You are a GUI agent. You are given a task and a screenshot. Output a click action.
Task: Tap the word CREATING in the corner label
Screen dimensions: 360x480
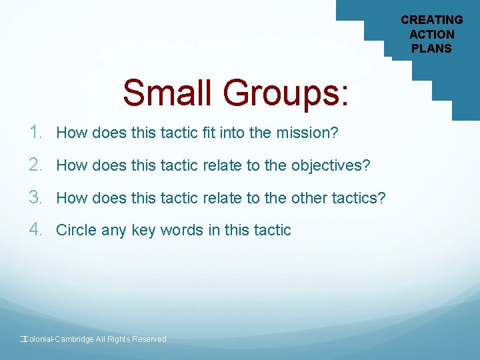tap(431, 20)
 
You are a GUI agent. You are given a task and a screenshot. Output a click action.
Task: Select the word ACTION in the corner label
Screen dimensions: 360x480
tap(431, 34)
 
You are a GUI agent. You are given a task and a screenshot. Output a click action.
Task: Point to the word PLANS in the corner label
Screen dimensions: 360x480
tap(431, 48)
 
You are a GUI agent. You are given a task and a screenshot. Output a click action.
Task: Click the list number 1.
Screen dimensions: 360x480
tap(37, 133)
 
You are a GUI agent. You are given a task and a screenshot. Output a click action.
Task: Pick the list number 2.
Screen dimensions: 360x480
tap(37, 165)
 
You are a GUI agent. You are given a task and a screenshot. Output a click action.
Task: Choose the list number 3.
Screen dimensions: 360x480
tap(37, 197)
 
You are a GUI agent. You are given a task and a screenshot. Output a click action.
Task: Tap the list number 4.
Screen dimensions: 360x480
tap(37, 229)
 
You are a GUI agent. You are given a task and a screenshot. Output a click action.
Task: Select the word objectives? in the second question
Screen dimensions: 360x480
tap(331, 165)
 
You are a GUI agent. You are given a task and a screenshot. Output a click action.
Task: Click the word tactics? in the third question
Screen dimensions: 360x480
tap(359, 198)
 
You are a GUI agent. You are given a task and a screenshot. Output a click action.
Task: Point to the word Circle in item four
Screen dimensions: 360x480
tap(75, 230)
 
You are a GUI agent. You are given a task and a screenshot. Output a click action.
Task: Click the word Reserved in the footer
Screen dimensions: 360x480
tap(149, 339)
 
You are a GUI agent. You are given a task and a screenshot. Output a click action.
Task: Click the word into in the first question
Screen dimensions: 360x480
tap(231, 133)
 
